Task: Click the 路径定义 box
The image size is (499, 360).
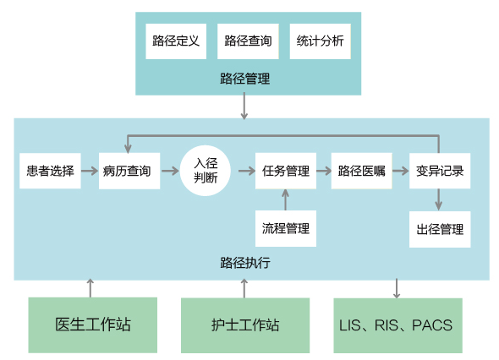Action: tap(176, 41)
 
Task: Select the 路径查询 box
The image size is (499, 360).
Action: tap(248, 41)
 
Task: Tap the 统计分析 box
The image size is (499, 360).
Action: tap(321, 41)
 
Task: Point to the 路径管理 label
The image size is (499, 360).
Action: tap(245, 79)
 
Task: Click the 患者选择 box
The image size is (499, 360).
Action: tap(50, 171)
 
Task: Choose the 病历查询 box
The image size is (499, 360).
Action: tap(129, 171)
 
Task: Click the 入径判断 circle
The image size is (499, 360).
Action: tap(206, 171)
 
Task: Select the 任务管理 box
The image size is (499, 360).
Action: tap(286, 171)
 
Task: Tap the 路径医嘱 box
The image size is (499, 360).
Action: tap(361, 171)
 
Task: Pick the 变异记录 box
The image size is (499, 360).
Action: tap(440, 171)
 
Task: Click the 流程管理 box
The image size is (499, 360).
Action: tap(286, 228)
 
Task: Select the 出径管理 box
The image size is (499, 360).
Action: tap(440, 229)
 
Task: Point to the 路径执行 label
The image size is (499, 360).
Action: tap(245, 263)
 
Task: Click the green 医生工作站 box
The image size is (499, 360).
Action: tap(92, 325)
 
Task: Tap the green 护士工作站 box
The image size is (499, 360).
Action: tap(245, 325)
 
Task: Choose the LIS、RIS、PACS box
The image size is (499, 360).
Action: tap(398, 325)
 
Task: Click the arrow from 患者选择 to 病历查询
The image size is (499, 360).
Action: tap(90, 171)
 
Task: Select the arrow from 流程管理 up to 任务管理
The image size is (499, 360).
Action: tap(286, 199)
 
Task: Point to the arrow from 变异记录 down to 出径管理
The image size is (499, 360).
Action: tap(439, 199)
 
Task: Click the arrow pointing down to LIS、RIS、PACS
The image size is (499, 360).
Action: tap(397, 288)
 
